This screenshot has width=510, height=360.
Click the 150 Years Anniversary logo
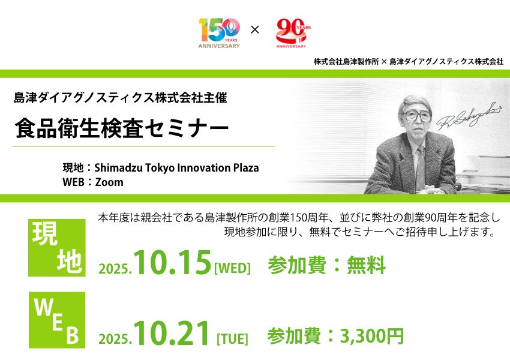tap(219, 33)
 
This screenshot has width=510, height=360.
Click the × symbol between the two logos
tap(255, 30)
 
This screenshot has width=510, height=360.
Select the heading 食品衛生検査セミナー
tap(122, 128)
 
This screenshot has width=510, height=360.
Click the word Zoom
tap(109, 182)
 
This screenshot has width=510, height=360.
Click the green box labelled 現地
tap(57, 248)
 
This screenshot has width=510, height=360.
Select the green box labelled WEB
tap(57, 320)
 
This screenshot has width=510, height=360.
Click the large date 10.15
tap(172, 262)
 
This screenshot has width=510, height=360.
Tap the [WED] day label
tap(232, 268)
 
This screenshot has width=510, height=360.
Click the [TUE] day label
tap(232, 339)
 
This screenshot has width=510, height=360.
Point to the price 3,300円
tap(372, 336)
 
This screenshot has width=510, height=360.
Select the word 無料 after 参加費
tap(366, 265)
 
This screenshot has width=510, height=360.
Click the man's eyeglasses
tap(418, 116)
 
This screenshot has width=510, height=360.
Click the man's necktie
tap(420, 168)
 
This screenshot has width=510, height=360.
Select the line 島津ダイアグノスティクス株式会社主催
tap(121, 98)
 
